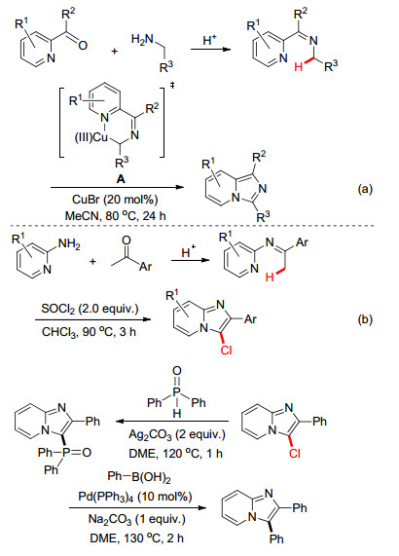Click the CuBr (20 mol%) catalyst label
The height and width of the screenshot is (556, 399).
115,200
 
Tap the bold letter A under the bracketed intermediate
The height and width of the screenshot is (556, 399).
121,179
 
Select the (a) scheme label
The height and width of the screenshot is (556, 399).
365,189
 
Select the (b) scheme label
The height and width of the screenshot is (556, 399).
365,319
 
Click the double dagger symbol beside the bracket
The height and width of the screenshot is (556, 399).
172,86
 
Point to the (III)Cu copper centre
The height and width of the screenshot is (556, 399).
91,137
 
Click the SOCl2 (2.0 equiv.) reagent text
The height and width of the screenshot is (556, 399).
90,309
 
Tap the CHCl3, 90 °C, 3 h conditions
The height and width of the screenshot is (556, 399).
89,331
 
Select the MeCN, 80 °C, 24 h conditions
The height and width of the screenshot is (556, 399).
115,215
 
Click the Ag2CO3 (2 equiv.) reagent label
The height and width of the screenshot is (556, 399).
177,434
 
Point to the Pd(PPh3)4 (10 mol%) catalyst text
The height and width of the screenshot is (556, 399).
135,496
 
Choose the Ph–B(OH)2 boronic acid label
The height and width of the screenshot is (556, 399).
139,476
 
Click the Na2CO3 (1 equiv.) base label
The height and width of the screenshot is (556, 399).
137,519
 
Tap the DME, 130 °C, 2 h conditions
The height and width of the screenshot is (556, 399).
137,538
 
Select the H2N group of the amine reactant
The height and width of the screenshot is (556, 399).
142,39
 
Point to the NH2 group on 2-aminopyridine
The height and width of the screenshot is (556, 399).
69,244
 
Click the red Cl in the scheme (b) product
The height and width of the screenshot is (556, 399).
226,351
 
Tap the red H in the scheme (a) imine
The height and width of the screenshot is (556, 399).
299,66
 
